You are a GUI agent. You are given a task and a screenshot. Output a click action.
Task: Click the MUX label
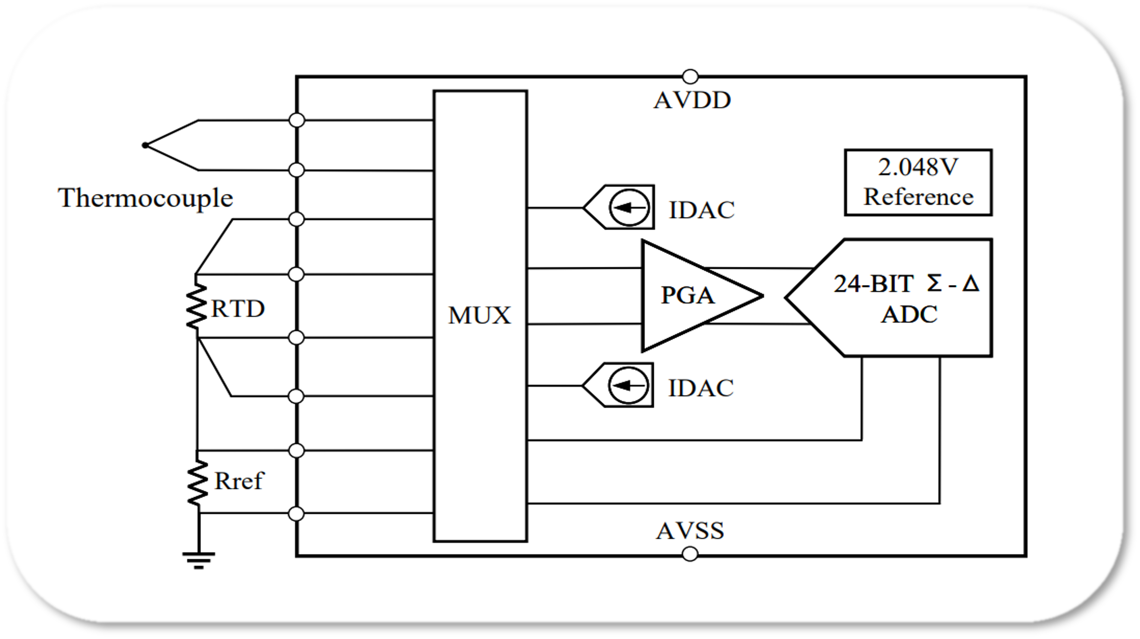tap(479, 316)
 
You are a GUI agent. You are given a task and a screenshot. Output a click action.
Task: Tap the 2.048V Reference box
tap(918, 183)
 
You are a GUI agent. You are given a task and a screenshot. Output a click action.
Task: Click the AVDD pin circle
tap(690, 77)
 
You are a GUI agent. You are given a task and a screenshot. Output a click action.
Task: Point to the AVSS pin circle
tap(690, 554)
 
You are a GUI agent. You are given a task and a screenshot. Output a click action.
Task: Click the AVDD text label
tap(692, 100)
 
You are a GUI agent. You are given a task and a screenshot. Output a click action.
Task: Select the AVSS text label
tap(690, 531)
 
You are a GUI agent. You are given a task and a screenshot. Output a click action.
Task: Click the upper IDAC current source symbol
tap(629, 208)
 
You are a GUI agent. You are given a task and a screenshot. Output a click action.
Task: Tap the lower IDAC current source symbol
tap(628, 385)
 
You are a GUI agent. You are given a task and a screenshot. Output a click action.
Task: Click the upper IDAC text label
tap(702, 210)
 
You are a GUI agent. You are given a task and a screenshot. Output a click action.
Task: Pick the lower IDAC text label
tap(701, 388)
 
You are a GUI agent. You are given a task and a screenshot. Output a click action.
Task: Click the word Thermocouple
tap(145, 198)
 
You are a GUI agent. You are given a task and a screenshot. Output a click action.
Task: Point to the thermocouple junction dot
tap(145, 145)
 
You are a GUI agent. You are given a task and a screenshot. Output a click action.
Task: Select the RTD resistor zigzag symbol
tap(197, 307)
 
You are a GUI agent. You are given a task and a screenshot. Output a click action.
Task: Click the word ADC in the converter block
tap(909, 315)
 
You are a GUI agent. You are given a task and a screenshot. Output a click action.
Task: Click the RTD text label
tap(238, 309)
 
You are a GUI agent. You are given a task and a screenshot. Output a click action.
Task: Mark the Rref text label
tap(239, 481)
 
